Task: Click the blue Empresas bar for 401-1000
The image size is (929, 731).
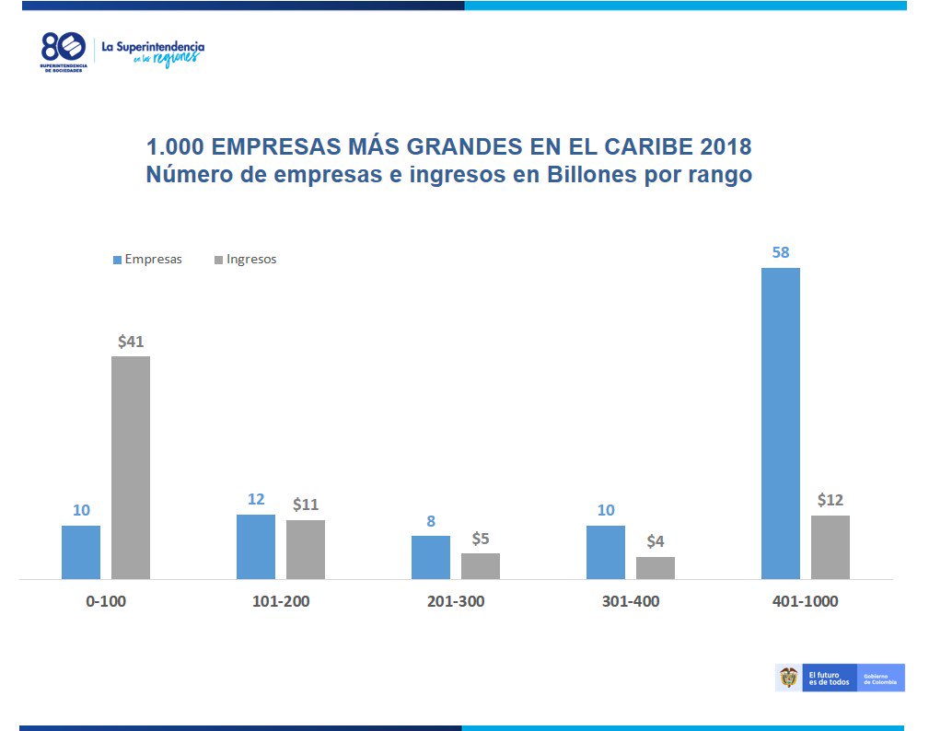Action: (780, 423)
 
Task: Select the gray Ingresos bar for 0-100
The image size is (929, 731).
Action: (131, 467)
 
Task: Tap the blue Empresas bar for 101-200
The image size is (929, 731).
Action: (256, 546)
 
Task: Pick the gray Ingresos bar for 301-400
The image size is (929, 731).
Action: (656, 567)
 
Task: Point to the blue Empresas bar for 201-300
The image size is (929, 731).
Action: (431, 557)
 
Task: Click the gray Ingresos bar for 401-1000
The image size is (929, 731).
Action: (830, 547)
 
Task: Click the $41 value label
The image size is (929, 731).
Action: (131, 342)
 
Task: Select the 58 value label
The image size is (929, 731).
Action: (781, 252)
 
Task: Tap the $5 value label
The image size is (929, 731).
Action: (481, 539)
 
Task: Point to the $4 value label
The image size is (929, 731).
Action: (656, 542)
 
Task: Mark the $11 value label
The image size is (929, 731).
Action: (306, 505)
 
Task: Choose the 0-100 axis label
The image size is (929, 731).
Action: (106, 602)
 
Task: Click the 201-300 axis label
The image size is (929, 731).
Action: (456, 602)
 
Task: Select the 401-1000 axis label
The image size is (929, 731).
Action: (806, 602)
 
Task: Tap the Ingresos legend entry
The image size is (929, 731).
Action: (246, 260)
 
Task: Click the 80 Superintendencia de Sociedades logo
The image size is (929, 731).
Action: (64, 53)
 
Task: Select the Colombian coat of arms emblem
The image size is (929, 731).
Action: (788, 679)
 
